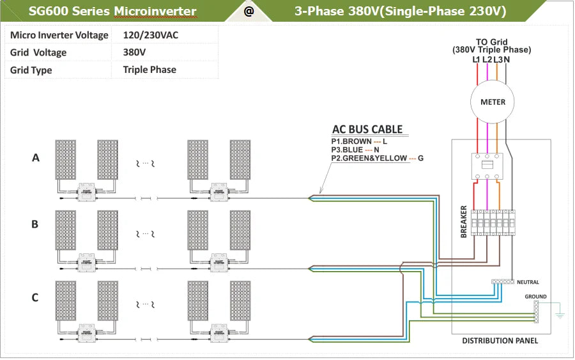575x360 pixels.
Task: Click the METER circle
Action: [x=493, y=102]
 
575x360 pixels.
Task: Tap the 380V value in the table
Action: [x=134, y=52]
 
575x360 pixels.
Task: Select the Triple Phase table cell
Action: [x=149, y=70]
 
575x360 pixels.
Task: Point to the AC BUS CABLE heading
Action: [x=367, y=129]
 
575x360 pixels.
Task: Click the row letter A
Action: [x=36, y=157]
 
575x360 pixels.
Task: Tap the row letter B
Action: [x=35, y=224]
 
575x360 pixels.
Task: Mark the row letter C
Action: [x=35, y=297]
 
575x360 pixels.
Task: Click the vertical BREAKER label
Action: [x=464, y=223]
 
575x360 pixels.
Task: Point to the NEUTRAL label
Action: [x=528, y=282]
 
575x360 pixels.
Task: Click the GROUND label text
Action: [x=535, y=297]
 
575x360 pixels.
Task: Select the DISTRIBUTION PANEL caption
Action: [x=500, y=341]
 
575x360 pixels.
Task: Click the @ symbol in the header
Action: [x=249, y=12]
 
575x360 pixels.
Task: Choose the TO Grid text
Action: [x=491, y=42]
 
